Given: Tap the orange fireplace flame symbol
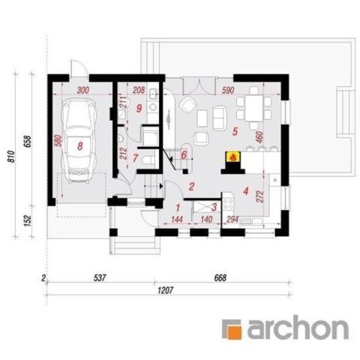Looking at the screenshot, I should coord(232,158).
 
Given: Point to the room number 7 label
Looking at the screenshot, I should coord(135,158).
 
